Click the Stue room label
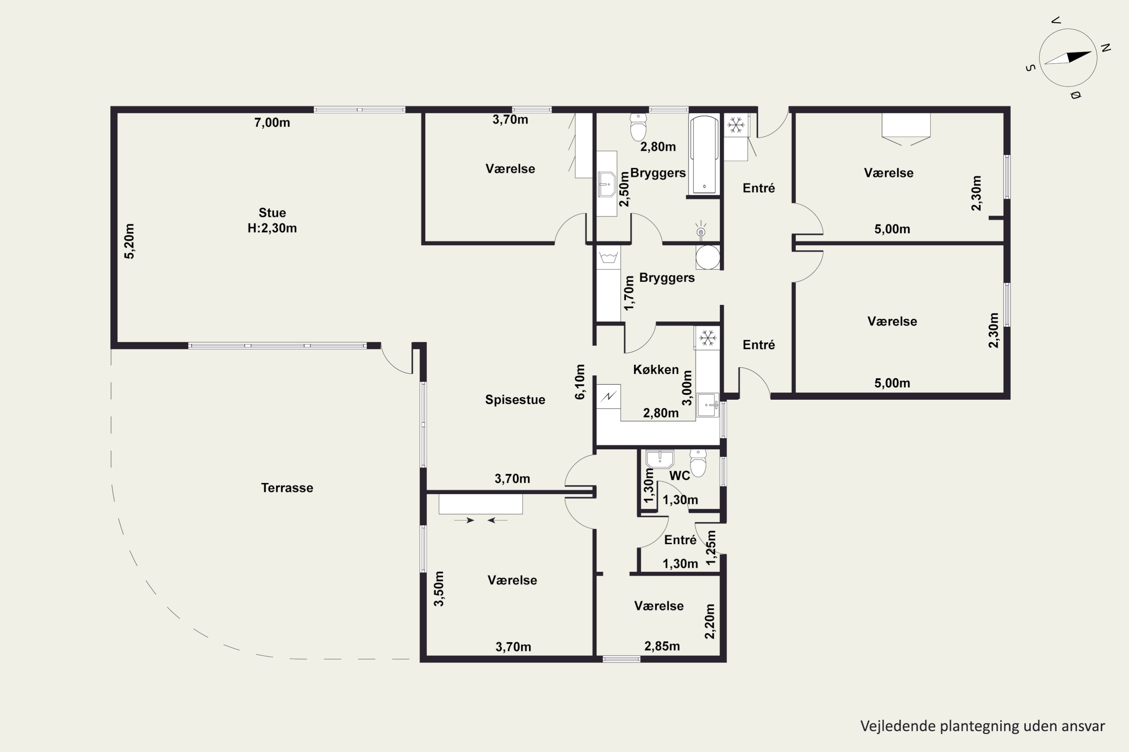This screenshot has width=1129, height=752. pos(272,212)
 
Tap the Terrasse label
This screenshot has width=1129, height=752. pos(287,488)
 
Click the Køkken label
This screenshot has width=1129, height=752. pos(656,369)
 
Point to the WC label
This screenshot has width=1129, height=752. pos(680,476)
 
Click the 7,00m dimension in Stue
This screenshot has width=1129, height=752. pos(272,123)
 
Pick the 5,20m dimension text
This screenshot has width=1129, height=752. pos(129,241)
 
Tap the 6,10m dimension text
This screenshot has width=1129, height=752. pos(580,382)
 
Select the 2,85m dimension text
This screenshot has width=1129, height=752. pos(662,646)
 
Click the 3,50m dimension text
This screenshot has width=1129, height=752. pos(439,588)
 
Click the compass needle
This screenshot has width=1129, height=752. pos(1068,58)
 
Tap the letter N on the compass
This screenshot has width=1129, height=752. pos(1106,47)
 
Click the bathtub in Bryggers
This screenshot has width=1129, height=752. pos(704,155)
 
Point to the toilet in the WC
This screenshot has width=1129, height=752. pos(698,463)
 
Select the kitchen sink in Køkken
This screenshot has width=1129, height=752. pos(708,405)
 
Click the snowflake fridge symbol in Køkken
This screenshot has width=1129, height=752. pos(708,338)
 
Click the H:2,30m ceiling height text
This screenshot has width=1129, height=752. pos(272,228)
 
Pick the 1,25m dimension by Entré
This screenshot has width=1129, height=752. pos(711,548)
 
